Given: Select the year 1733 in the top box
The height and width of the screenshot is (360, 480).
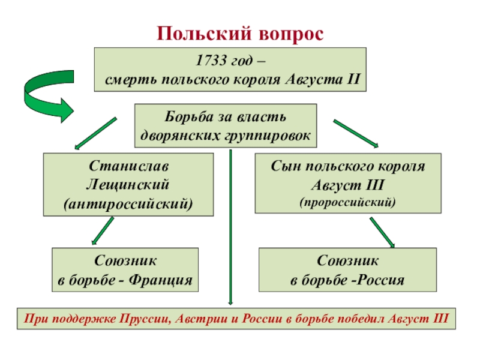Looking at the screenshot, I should (x=209, y=61).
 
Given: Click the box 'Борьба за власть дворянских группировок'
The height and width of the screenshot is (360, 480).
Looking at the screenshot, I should (x=225, y=126).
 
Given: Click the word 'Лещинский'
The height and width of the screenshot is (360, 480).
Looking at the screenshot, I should (x=128, y=183).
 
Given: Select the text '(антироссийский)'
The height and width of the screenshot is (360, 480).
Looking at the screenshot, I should (x=128, y=203).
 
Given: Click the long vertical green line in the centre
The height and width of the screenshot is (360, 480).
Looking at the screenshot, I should (x=231, y=228).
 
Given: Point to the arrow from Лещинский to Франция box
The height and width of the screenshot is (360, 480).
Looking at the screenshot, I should (x=102, y=231).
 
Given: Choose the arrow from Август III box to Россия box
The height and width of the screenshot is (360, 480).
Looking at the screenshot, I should (x=382, y=232).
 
